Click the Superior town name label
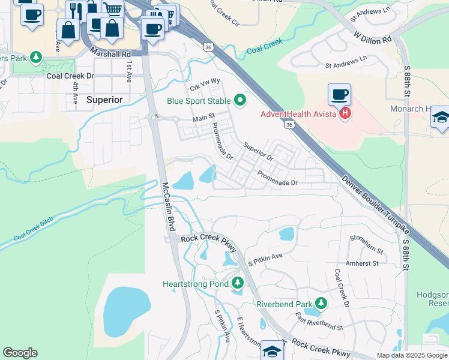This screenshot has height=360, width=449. (104, 99)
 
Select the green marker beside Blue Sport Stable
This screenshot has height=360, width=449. (241, 100)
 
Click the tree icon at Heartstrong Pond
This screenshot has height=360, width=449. (238, 283)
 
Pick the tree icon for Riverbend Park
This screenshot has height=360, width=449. (322, 304)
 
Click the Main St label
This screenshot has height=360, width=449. (203, 118)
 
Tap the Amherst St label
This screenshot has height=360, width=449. (362, 263)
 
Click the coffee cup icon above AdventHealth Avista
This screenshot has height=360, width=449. (339, 95)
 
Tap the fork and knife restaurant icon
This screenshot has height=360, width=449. (76, 11)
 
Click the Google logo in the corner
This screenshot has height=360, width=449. (20, 353)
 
